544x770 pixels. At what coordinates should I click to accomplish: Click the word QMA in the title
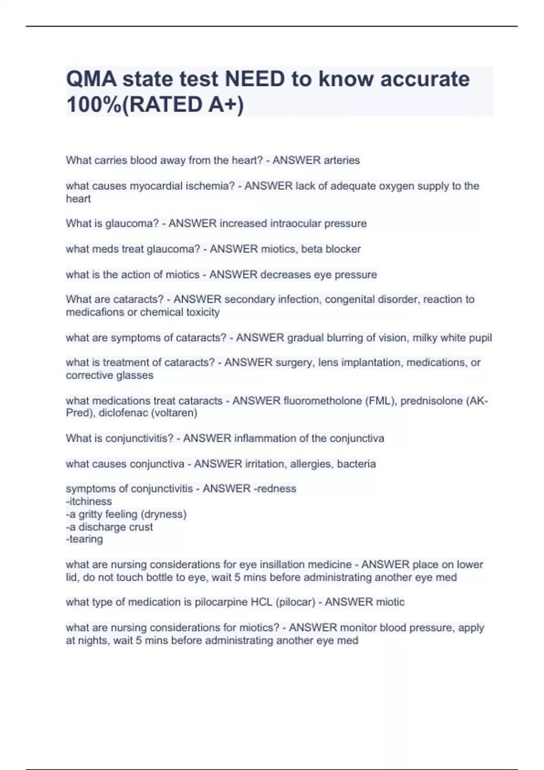tap(90, 79)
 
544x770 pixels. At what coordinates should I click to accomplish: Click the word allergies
tap(311, 464)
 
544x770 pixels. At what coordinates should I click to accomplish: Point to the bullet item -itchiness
tap(89, 502)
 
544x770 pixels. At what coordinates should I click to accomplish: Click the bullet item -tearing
tap(84, 539)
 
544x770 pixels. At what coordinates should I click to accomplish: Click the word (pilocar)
tap(293, 602)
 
